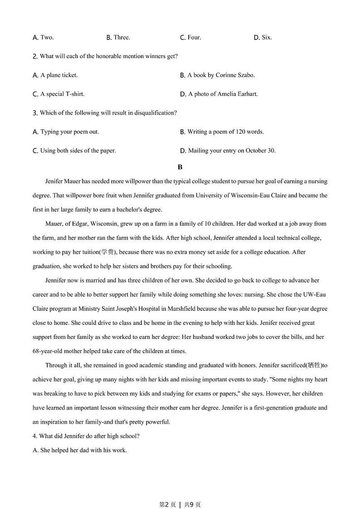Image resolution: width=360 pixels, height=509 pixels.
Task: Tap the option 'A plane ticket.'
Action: click(58, 75)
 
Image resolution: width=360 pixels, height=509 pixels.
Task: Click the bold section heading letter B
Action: click(180, 167)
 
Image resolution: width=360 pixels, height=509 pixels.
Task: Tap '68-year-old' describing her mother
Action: click(47, 351)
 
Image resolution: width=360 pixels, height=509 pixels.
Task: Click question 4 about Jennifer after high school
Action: click(86, 436)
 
